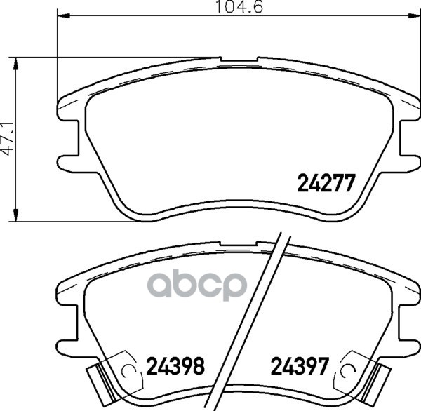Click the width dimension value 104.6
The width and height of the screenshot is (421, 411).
[239, 7]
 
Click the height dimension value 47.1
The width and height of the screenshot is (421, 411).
[8, 139]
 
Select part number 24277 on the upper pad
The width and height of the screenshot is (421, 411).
[326, 183]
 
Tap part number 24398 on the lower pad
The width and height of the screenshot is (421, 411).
[175, 365]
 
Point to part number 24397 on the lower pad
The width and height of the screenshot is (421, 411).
[300, 365]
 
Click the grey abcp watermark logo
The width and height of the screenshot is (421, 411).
[196, 285]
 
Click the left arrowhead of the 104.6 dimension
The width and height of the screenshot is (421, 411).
[64, 16]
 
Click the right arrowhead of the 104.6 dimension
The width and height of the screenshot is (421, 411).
[414, 16]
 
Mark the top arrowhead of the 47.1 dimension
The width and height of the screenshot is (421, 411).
[16, 63]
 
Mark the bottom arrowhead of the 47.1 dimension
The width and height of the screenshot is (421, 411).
[16, 215]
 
